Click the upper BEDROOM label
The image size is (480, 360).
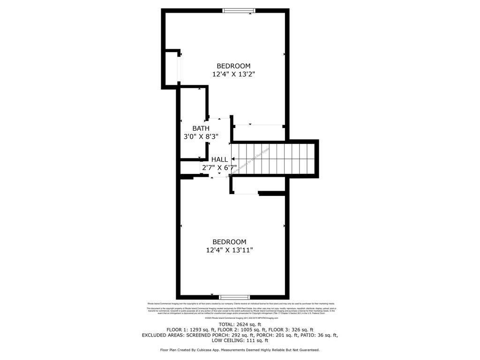pos(233,66)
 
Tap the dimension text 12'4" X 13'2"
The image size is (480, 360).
pos(233,74)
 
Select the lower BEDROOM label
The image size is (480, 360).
pos(229,242)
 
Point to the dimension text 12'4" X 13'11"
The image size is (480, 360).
pos(229,250)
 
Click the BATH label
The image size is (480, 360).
pos(201,128)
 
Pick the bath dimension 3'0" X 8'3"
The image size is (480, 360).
pos(201,137)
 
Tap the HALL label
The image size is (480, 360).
pos(219,159)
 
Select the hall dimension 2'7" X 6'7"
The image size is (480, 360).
pos(219,167)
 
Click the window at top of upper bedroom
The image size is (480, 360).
pos(239,10)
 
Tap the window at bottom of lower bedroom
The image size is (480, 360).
pos(234,297)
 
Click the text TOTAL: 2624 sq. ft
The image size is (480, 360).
pos(240,324)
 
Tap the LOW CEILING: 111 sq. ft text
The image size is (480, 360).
pos(240,341)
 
